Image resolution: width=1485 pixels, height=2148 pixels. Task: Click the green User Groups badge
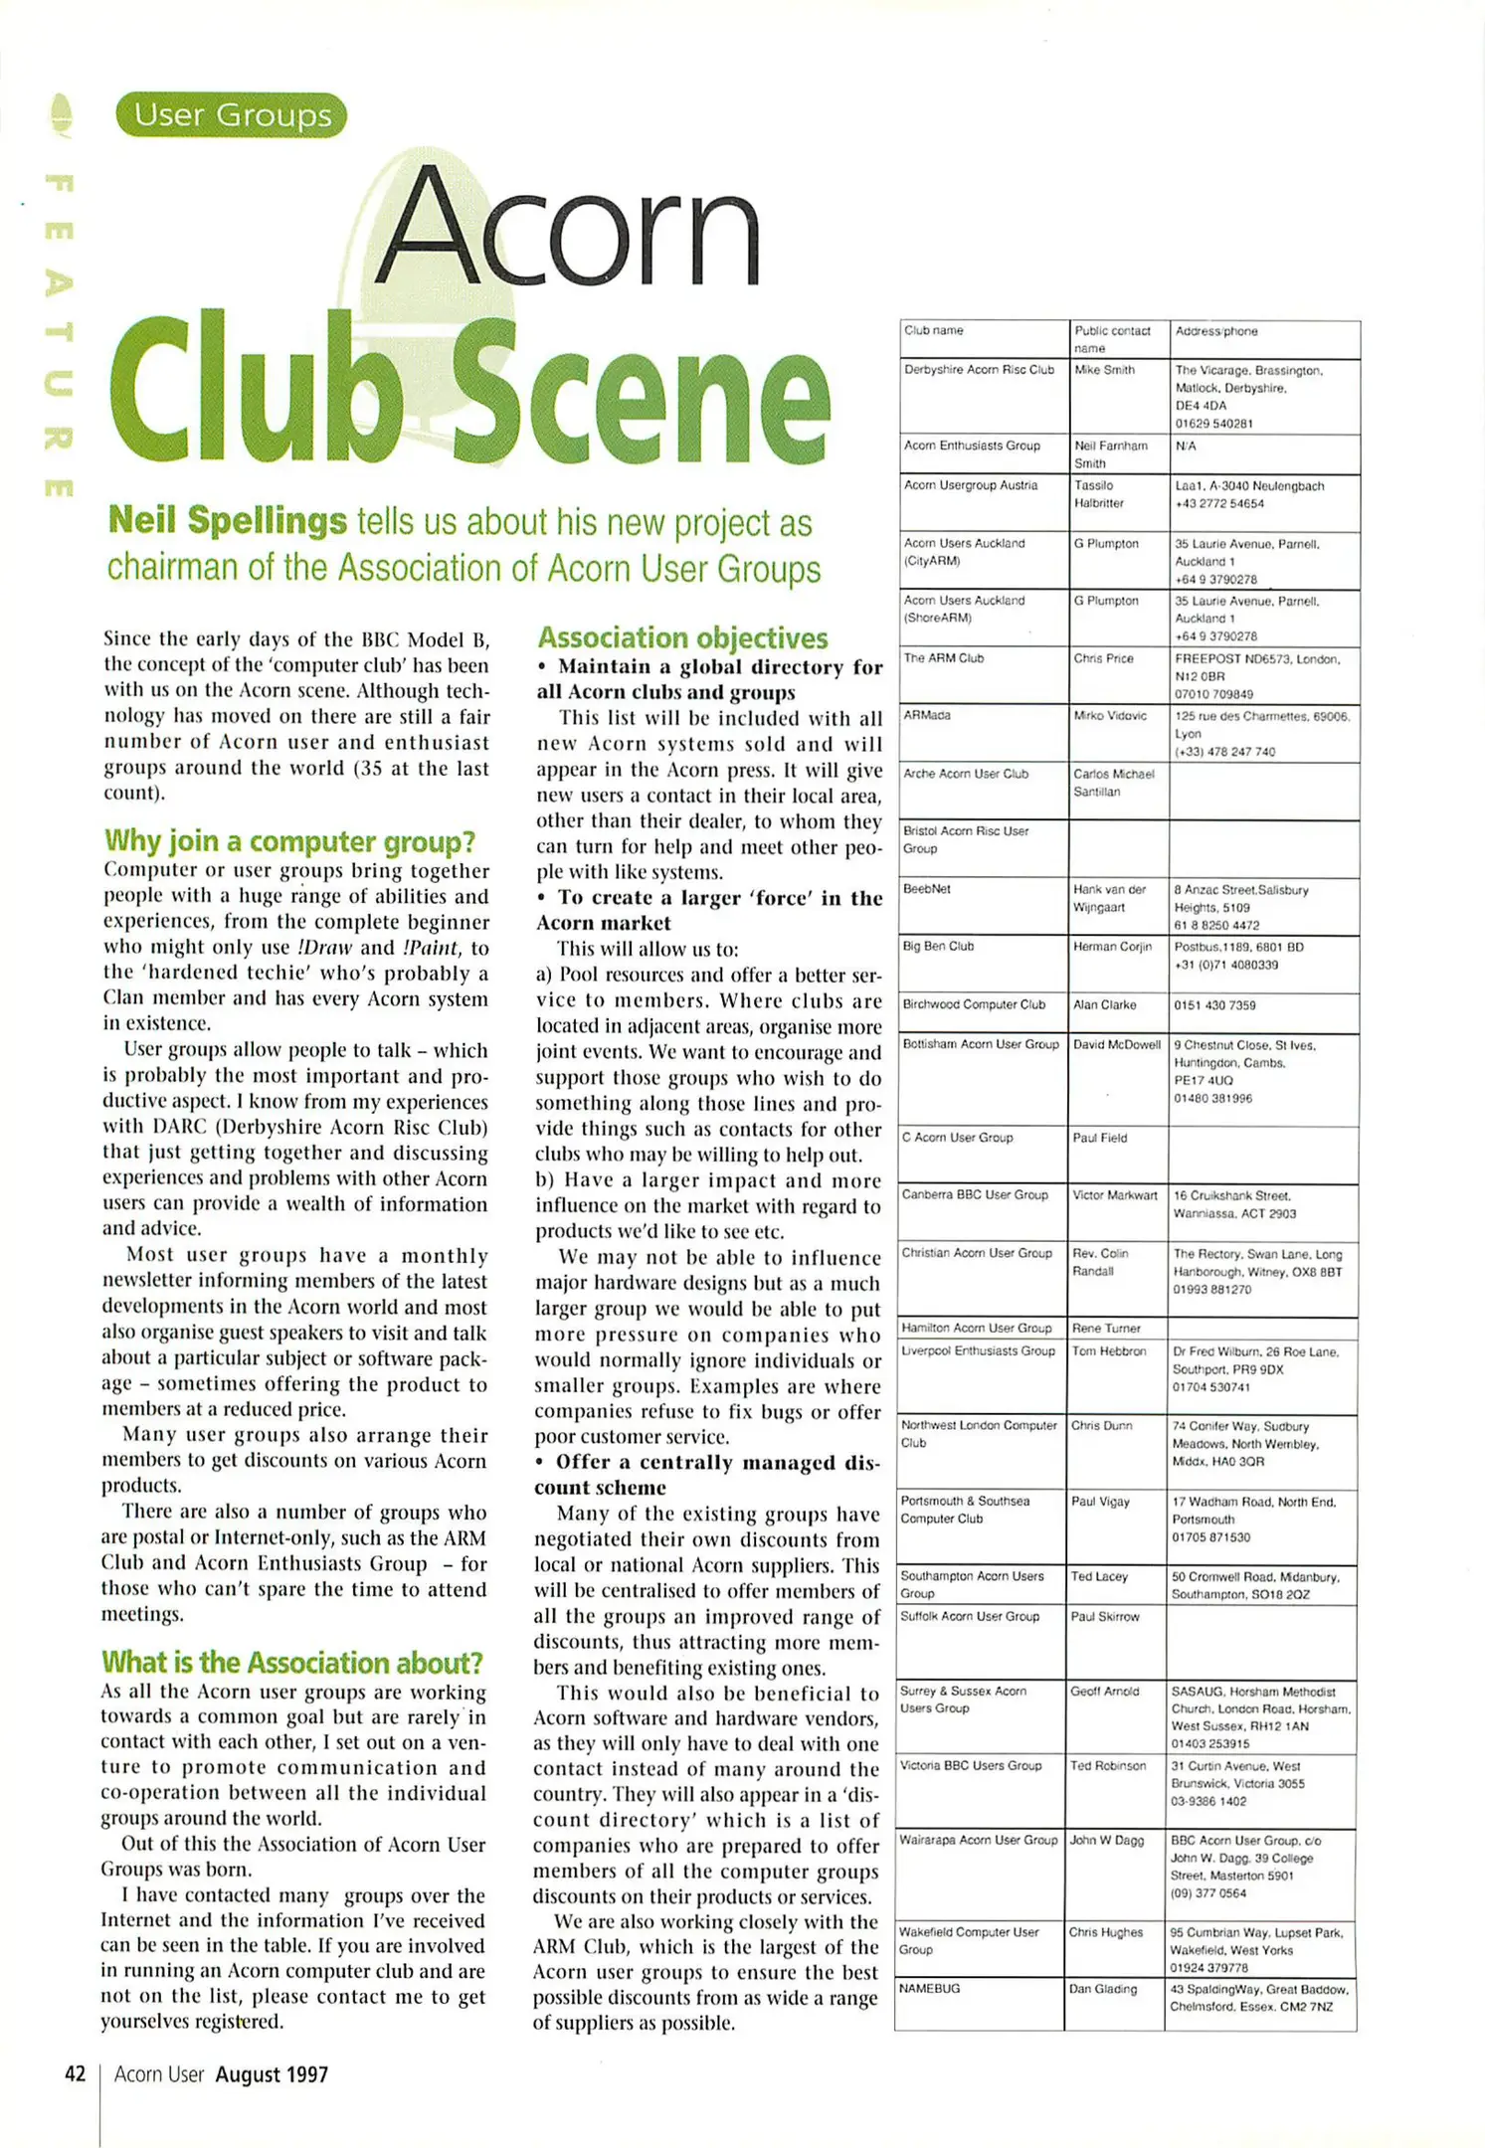(231, 115)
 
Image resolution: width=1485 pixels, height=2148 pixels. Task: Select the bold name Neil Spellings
(227, 520)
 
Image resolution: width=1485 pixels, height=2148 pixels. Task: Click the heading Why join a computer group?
(289, 841)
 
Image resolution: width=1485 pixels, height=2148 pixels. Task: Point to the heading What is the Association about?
(291, 1663)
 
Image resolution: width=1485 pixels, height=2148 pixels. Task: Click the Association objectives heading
(682, 637)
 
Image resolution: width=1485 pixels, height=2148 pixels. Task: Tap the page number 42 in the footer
(75, 2074)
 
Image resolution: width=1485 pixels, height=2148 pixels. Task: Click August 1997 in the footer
(272, 2074)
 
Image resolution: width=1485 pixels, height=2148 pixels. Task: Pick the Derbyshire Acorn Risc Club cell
(979, 370)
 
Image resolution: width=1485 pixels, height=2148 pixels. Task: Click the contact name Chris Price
(1103, 658)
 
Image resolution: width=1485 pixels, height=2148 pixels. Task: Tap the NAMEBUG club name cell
(929, 1988)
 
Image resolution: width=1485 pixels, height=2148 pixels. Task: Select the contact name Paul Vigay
(1100, 1502)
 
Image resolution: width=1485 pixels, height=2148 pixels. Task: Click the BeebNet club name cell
(926, 889)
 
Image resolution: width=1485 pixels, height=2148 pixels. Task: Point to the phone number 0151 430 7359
(1214, 1005)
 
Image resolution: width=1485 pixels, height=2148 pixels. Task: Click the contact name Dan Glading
(1102, 1989)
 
